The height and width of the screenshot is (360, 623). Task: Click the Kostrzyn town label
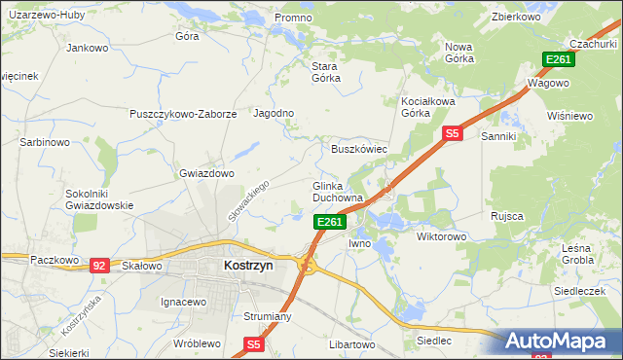click(x=235, y=265)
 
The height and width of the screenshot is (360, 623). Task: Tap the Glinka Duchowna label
click(x=338, y=192)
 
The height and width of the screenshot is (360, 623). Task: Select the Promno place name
click(x=293, y=18)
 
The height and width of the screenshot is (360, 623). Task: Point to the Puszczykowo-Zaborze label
click(x=184, y=114)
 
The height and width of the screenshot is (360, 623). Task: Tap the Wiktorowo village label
click(x=442, y=236)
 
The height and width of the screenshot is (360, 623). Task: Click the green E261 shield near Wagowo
click(x=559, y=60)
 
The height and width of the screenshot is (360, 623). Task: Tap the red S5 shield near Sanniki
click(x=451, y=134)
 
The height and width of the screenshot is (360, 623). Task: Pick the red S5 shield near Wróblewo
click(x=254, y=343)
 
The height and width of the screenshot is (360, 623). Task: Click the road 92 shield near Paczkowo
click(x=98, y=264)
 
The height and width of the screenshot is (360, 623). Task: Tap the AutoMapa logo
click(x=560, y=342)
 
